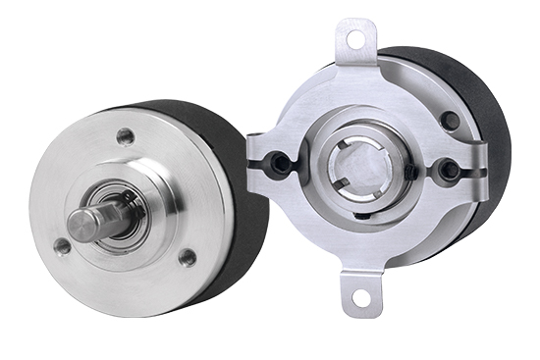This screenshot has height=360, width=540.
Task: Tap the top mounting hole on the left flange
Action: click(124, 135)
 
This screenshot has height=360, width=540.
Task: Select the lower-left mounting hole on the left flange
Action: click(63, 247)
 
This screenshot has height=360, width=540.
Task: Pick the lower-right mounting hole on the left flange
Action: click(187, 257)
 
